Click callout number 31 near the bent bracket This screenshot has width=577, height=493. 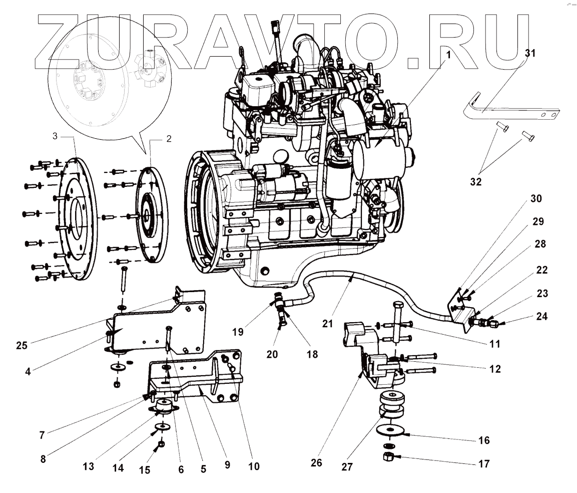(x=529, y=53)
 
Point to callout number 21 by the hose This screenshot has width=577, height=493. (x=327, y=324)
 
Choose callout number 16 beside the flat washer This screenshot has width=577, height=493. (x=483, y=441)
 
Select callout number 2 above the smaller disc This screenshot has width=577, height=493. (x=169, y=139)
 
